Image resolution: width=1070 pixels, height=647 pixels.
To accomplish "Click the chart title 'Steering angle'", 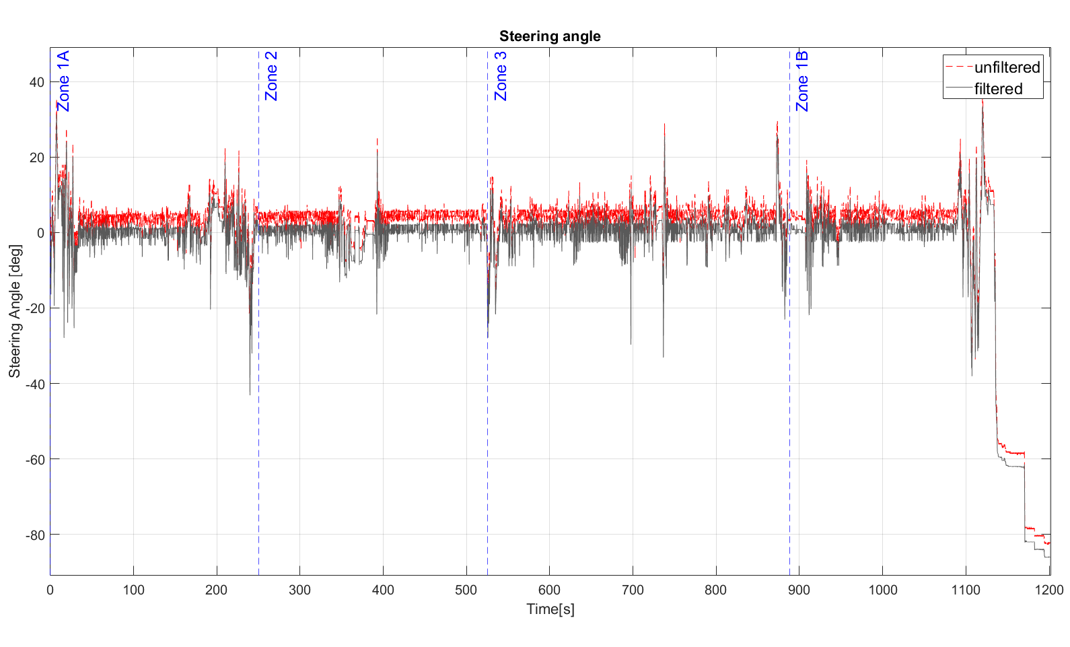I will (x=550, y=36).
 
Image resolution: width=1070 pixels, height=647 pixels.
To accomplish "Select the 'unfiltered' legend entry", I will (x=1007, y=67).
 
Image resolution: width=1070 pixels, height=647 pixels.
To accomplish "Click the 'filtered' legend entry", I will (x=998, y=89).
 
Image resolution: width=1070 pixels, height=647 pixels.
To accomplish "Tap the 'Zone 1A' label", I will (x=63, y=81).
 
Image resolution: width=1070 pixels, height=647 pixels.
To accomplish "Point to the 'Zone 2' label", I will (x=271, y=76).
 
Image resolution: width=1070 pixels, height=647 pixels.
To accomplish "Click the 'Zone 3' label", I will (x=501, y=76).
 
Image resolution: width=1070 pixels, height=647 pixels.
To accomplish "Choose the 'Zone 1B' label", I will (x=802, y=81).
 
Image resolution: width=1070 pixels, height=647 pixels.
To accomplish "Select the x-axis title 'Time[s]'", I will (x=550, y=609).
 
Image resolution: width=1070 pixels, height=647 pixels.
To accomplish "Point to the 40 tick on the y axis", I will (x=36, y=82).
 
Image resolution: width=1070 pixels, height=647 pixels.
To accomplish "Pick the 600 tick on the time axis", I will (x=550, y=590).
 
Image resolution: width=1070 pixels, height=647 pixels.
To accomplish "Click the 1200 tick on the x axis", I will (x=1049, y=590).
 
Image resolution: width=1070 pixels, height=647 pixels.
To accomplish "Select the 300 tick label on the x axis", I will (x=299, y=590).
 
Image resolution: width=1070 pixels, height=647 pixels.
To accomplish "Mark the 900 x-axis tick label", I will (x=799, y=590).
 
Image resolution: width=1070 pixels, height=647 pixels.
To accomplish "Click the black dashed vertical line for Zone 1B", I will (x=790, y=404).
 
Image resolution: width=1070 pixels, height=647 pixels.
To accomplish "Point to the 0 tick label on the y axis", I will (x=40, y=233).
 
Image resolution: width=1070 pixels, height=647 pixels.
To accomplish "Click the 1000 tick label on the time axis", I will (x=882, y=590).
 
